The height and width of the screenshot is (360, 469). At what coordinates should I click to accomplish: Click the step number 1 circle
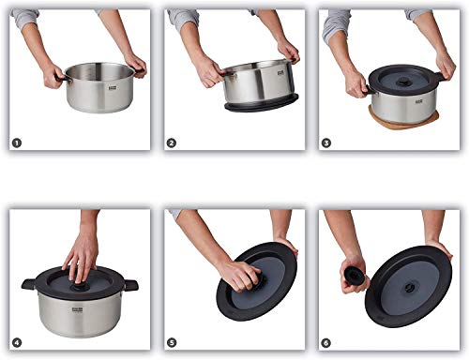click(x=16, y=142)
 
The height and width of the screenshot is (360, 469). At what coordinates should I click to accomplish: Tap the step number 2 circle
click(x=171, y=142)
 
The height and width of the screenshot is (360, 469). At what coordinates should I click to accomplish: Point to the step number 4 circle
click(x=16, y=342)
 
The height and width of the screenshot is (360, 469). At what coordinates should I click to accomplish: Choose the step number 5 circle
click(x=171, y=342)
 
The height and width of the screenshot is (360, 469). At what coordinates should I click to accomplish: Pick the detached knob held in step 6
click(x=354, y=276)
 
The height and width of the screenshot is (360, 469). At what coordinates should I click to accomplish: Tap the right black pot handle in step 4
click(x=130, y=284)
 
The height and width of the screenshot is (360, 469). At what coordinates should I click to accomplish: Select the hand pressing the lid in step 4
click(x=82, y=255)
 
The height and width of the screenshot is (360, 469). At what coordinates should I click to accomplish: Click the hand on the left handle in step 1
click(x=53, y=76)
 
